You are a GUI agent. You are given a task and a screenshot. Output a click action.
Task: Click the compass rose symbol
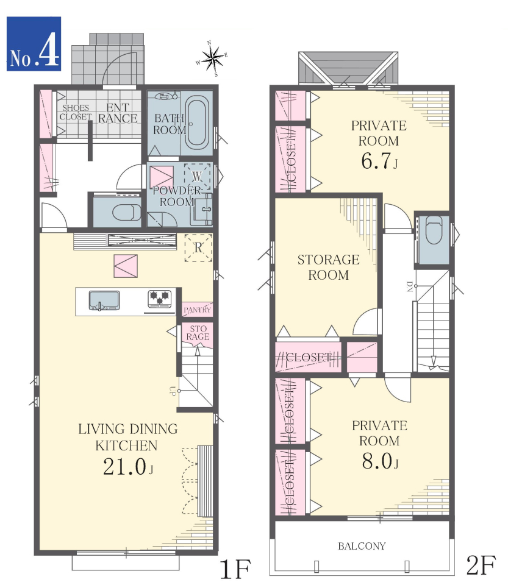[212, 58]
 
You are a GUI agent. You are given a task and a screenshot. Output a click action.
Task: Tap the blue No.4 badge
[34, 44]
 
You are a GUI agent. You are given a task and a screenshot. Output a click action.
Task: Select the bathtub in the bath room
[197, 122]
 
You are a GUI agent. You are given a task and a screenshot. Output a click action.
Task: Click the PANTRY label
[197, 310]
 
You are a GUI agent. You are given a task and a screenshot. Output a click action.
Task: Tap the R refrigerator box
[198, 247]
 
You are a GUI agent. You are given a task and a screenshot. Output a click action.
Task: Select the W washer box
[197, 177]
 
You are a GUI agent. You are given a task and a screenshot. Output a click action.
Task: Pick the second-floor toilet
[434, 231]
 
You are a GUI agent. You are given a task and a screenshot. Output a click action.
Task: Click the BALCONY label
[362, 546]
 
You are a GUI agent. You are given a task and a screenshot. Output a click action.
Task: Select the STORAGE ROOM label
[329, 267]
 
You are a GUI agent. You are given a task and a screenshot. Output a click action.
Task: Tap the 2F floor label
[481, 565]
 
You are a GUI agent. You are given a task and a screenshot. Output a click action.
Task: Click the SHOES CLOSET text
[76, 112]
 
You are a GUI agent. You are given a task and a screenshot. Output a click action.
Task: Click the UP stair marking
[172, 391]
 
